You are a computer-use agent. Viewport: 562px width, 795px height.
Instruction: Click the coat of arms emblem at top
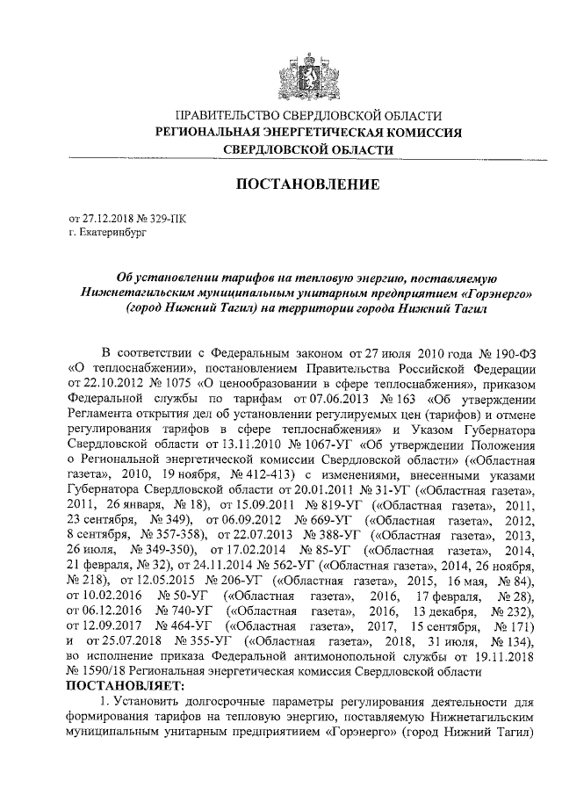[x=306, y=66]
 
